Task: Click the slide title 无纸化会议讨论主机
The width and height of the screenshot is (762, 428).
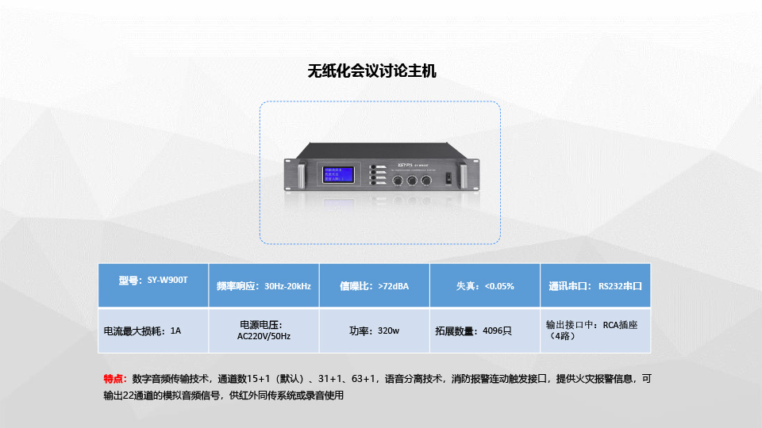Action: click(x=371, y=71)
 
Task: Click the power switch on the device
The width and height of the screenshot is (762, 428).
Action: click(x=448, y=177)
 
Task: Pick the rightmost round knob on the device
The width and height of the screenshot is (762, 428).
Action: click(x=426, y=181)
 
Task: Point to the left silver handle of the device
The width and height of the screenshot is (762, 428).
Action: click(x=302, y=177)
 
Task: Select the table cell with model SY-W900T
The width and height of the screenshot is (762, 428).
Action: click(x=153, y=285)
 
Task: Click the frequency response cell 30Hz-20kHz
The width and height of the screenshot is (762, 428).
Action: click(x=264, y=285)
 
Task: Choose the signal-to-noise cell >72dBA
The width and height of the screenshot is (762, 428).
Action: click(x=374, y=285)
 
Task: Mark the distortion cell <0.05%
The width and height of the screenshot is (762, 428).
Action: click(x=485, y=285)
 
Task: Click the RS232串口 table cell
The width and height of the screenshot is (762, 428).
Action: click(x=595, y=285)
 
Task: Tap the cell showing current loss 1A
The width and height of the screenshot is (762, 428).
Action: click(x=153, y=331)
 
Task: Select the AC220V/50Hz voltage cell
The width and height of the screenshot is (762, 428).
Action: click(x=264, y=331)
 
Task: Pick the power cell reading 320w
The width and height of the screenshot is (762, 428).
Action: click(x=374, y=331)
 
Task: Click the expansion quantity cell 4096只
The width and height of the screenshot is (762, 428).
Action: click(x=485, y=331)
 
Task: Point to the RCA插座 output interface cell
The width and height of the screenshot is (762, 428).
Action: click(x=595, y=331)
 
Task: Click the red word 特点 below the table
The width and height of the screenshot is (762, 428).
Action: click(x=115, y=379)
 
